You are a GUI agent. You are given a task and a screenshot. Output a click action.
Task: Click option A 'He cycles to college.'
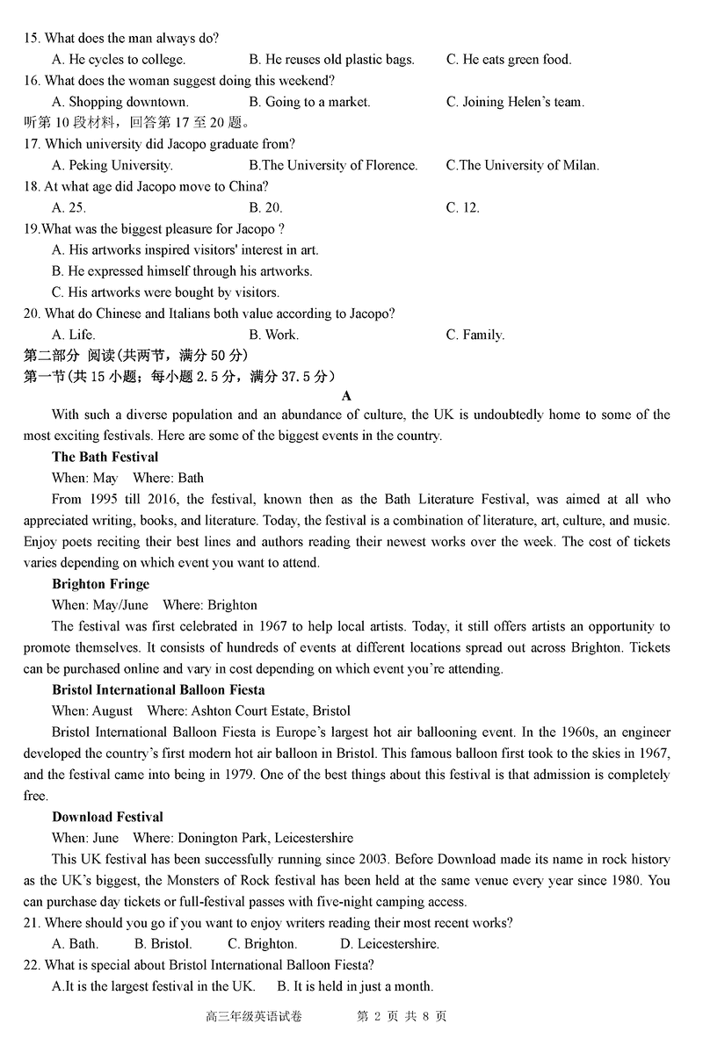pyautogui.click(x=119, y=60)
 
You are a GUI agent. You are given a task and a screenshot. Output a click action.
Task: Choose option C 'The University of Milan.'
pyautogui.click(x=523, y=165)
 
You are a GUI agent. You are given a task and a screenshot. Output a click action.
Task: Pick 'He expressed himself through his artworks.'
pyautogui.click(x=182, y=271)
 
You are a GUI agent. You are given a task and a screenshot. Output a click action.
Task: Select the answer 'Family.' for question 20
pyautogui.click(x=475, y=335)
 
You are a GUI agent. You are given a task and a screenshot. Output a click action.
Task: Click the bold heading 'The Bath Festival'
pyautogui.click(x=105, y=457)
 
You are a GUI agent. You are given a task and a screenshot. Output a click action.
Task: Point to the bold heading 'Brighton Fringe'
pyautogui.click(x=100, y=584)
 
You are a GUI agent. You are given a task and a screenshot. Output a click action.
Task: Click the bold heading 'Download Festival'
pyautogui.click(x=107, y=817)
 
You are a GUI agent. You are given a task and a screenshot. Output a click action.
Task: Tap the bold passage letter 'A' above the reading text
pyautogui.click(x=346, y=396)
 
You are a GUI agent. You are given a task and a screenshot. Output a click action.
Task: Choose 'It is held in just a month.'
pyautogui.click(x=355, y=986)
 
